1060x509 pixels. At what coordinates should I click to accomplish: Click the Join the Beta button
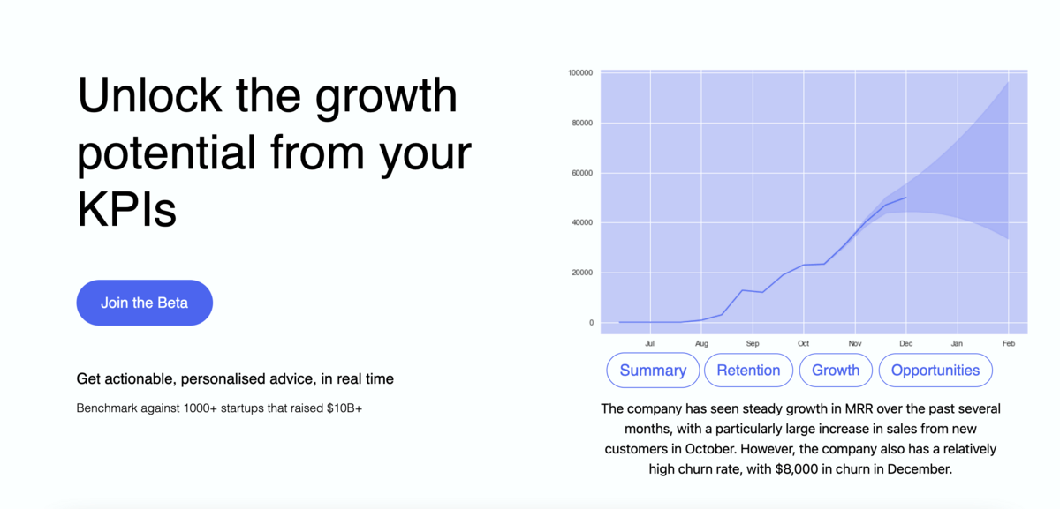[x=144, y=303]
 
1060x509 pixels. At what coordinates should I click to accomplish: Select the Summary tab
[x=653, y=370]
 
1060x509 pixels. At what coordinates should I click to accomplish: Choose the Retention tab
[x=748, y=370]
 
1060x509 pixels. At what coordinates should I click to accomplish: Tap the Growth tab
[x=836, y=370]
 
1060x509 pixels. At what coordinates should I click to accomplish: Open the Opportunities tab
[x=935, y=370]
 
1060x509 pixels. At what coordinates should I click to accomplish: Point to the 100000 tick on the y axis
[x=580, y=73]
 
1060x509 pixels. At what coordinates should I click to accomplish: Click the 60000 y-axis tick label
[x=582, y=173]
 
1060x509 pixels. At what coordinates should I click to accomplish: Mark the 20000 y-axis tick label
[x=582, y=273]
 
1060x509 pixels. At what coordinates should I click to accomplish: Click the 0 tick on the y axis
[x=591, y=323]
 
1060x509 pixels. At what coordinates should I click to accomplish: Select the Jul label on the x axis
[x=650, y=343]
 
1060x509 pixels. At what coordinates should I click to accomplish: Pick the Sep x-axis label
[x=753, y=343]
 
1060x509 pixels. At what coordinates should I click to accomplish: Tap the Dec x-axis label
[x=905, y=343]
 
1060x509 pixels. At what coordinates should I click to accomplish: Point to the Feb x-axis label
[x=1009, y=343]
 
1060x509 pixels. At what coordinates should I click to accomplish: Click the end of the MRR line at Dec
[x=906, y=198]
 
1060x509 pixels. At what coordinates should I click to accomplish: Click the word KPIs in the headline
[x=127, y=210]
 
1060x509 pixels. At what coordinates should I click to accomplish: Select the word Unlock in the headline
[x=149, y=95]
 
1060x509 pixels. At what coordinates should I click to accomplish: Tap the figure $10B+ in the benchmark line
[x=344, y=408]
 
